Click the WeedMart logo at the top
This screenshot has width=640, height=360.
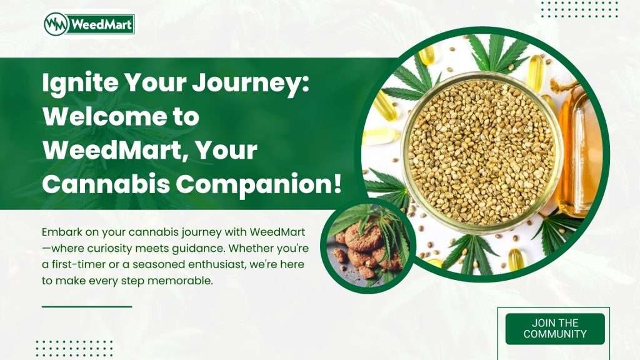pyautogui.click(x=89, y=24)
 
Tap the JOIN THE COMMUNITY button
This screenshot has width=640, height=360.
pyautogui.click(x=554, y=329)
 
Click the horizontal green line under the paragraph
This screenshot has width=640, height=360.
pyautogui.click(x=87, y=307)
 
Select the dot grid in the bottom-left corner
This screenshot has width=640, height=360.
pyautogui.click(x=74, y=347)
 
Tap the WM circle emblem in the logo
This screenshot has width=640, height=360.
pyautogui.click(x=56, y=24)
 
